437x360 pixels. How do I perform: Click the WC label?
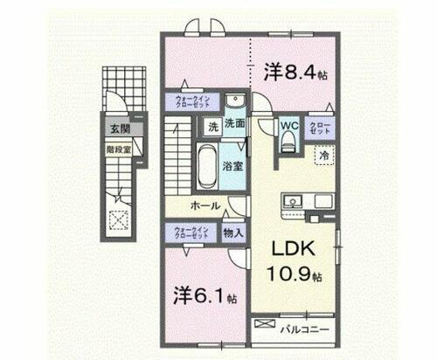(289, 125)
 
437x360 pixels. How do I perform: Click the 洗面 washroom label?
(233, 125)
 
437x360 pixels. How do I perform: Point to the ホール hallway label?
(206, 206)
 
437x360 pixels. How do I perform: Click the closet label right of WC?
(320, 126)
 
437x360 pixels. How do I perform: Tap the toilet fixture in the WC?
(288, 142)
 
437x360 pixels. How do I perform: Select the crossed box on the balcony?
(264, 326)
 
